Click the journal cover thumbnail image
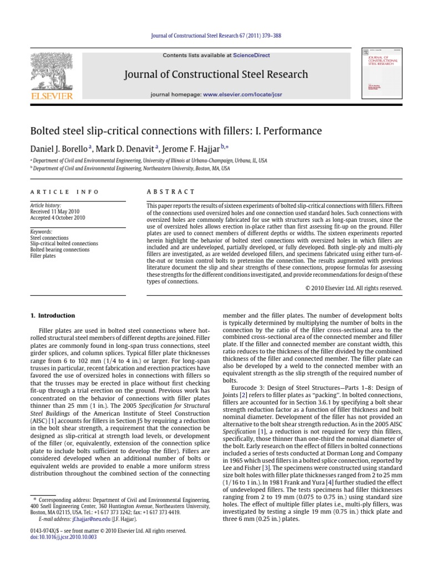pyautogui.click(x=382, y=73)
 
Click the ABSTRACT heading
pyautogui.click(x=171, y=192)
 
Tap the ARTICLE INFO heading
pyautogui.click(x=64, y=192)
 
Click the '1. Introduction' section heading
pyautogui.click(x=53, y=316)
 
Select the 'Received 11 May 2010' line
pyautogui.click(x=54, y=211)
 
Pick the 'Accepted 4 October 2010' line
pyautogui.click(x=57, y=218)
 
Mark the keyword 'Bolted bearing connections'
pyautogui.click(x=59, y=250)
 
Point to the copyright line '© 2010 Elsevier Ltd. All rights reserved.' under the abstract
pyautogui.click(x=354, y=288)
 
